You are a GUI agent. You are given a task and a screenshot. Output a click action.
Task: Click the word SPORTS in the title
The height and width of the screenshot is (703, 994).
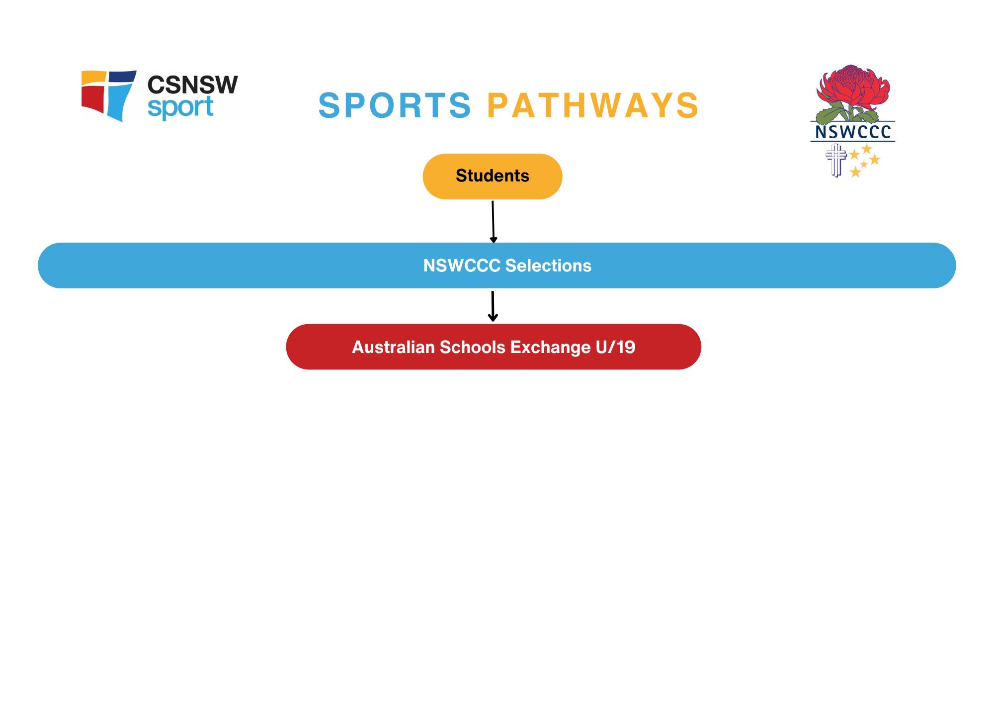coord(395,105)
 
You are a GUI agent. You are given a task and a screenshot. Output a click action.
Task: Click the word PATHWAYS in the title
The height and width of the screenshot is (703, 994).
coord(593,105)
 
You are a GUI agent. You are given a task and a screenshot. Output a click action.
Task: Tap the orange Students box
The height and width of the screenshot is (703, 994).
coord(492,176)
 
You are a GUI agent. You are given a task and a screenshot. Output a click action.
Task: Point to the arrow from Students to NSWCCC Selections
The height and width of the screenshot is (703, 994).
coord(493,221)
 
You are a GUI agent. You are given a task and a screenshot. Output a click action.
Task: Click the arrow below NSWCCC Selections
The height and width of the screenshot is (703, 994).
coord(493,306)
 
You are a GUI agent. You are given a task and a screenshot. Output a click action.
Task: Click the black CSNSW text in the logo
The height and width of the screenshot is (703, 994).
coord(192,85)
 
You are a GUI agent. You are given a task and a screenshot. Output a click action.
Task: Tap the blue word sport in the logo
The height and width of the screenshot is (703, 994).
coord(180,108)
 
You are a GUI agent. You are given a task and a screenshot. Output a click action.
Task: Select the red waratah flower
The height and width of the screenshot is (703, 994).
coord(853,87)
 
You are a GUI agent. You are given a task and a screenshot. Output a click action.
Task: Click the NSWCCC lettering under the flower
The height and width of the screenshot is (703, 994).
coord(853,132)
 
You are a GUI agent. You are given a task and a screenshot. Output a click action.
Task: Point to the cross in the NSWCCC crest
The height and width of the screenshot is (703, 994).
coord(836,159)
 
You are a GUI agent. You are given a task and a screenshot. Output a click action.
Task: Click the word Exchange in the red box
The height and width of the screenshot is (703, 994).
coord(550,347)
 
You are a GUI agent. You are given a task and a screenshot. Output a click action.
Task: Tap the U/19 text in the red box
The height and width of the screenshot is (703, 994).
coord(615,347)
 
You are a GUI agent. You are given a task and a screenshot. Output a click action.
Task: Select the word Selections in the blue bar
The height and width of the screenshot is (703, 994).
coord(548,265)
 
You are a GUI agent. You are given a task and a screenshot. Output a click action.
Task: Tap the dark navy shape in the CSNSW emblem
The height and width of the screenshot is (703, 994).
coord(122,76)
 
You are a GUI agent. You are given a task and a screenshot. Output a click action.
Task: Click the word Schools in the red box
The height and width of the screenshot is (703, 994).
coord(473,347)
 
